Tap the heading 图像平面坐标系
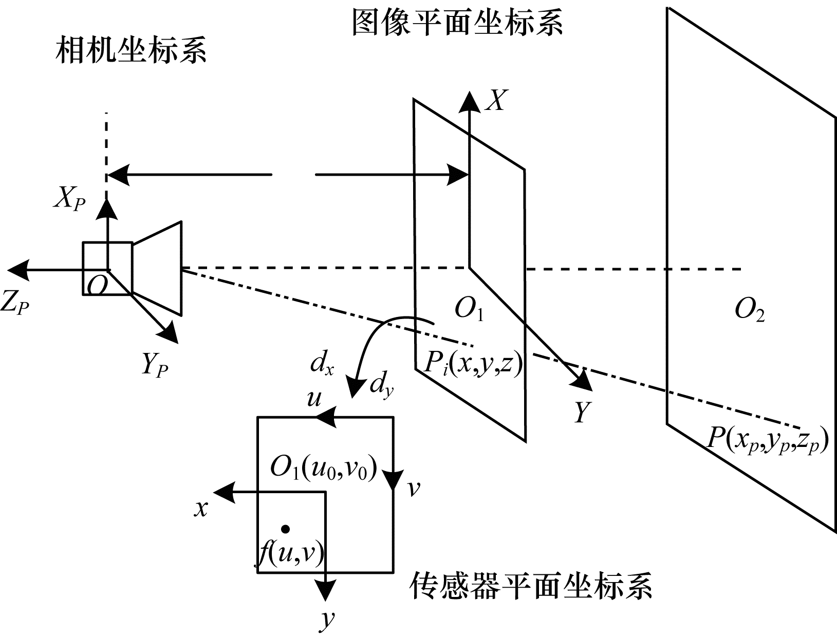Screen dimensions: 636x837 (457, 22)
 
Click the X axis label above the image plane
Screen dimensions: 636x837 (495, 101)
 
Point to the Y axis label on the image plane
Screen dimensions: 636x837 (582, 411)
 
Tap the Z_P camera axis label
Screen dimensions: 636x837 (14, 303)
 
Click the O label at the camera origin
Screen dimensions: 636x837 (97, 285)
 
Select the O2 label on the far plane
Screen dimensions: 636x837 (750, 310)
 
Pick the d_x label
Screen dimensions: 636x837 (322, 364)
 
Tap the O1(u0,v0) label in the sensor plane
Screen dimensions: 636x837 (324, 469)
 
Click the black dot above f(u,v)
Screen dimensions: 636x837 (285, 529)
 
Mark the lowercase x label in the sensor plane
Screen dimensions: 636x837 (201, 508)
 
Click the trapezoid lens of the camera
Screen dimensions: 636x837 (158, 268)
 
